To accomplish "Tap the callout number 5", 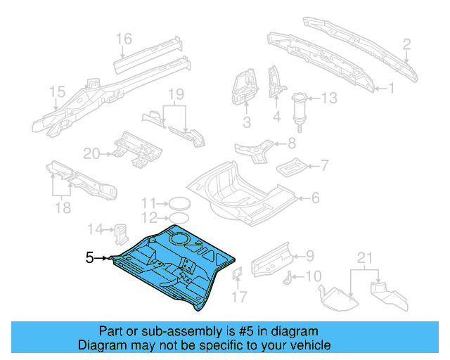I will point(89,258).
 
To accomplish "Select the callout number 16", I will point(124,38).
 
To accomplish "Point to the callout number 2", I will point(406,46).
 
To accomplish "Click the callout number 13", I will point(329,98).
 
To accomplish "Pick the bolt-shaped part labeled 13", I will point(300,108).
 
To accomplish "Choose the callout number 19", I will point(175,94).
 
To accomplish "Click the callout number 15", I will point(57,91).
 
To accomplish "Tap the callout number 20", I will point(91,152).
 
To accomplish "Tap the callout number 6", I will point(315,198).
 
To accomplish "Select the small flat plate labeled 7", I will point(289,168).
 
